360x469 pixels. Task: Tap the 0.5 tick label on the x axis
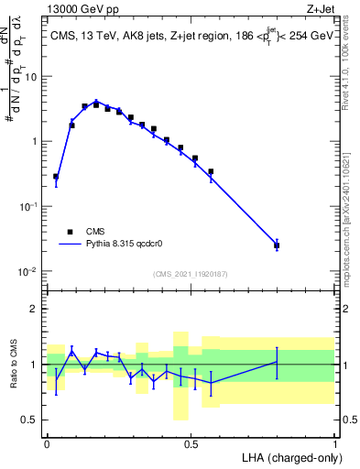click(x=191, y=443)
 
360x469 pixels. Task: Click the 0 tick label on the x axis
click(x=47, y=443)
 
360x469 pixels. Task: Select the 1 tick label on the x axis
click(x=334, y=443)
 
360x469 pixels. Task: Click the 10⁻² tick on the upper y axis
click(x=28, y=272)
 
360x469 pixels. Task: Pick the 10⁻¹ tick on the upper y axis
click(x=28, y=207)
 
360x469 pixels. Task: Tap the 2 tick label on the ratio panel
click(x=37, y=309)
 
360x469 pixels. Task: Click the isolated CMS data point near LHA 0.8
click(x=277, y=245)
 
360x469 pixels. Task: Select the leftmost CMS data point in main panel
click(x=56, y=176)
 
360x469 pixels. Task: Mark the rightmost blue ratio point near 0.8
click(x=277, y=362)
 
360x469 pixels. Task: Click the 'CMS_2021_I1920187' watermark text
click(x=190, y=273)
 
